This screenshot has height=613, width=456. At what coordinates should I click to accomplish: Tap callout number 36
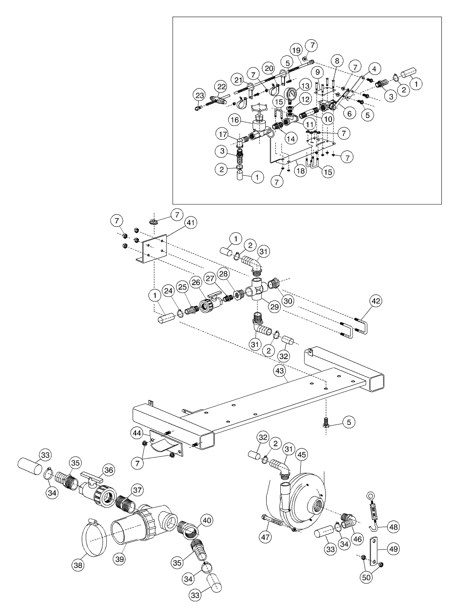click(108, 470)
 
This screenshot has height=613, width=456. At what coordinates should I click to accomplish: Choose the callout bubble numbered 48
click(392, 527)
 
